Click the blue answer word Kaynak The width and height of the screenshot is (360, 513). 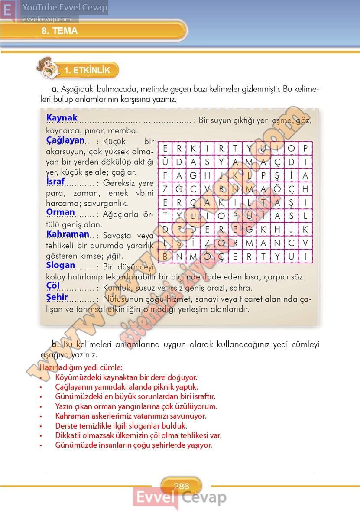coord(62,118)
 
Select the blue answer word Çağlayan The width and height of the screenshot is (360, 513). coord(65,140)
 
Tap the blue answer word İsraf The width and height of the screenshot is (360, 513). coord(55,182)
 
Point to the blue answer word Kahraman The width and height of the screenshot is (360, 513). coord(68,234)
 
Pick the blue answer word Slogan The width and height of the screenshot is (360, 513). coord(61,265)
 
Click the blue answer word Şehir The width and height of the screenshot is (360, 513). coord(57,297)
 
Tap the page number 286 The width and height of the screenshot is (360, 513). coord(181,487)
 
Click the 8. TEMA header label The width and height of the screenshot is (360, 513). coord(60,31)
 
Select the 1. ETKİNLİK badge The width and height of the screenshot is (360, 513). coord(87,70)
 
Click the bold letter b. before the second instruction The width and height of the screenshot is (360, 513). coord(55,344)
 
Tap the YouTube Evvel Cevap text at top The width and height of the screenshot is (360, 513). coord(65,8)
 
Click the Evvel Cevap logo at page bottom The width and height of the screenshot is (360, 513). coord(179,497)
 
